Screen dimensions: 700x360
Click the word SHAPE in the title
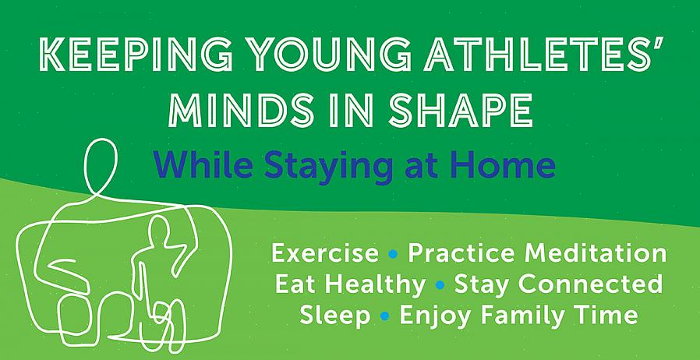(x=460, y=110)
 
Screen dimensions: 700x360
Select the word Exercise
(x=325, y=254)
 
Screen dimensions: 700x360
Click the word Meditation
(x=595, y=253)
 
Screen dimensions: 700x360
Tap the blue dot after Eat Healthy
(x=440, y=285)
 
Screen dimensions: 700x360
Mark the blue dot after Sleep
(x=385, y=316)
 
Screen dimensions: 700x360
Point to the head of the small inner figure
(x=157, y=228)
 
